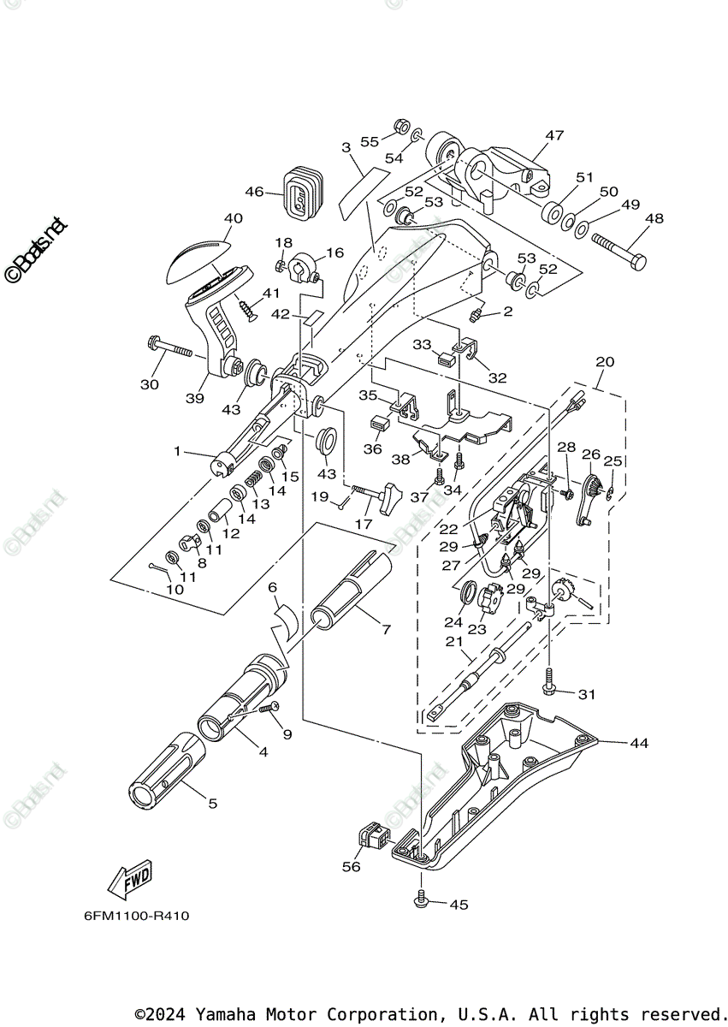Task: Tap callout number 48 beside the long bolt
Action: pos(654,219)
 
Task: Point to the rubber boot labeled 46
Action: pos(300,192)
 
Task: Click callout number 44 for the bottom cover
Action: pos(639,743)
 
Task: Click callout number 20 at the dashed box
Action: pos(604,362)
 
